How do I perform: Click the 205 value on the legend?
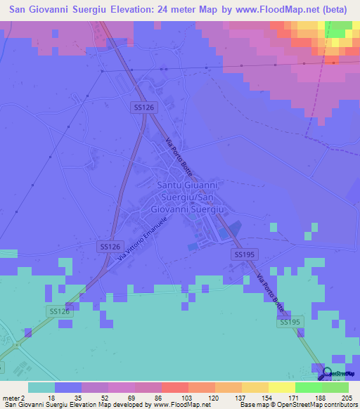[348, 397]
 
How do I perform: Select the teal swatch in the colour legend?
[41, 387]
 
